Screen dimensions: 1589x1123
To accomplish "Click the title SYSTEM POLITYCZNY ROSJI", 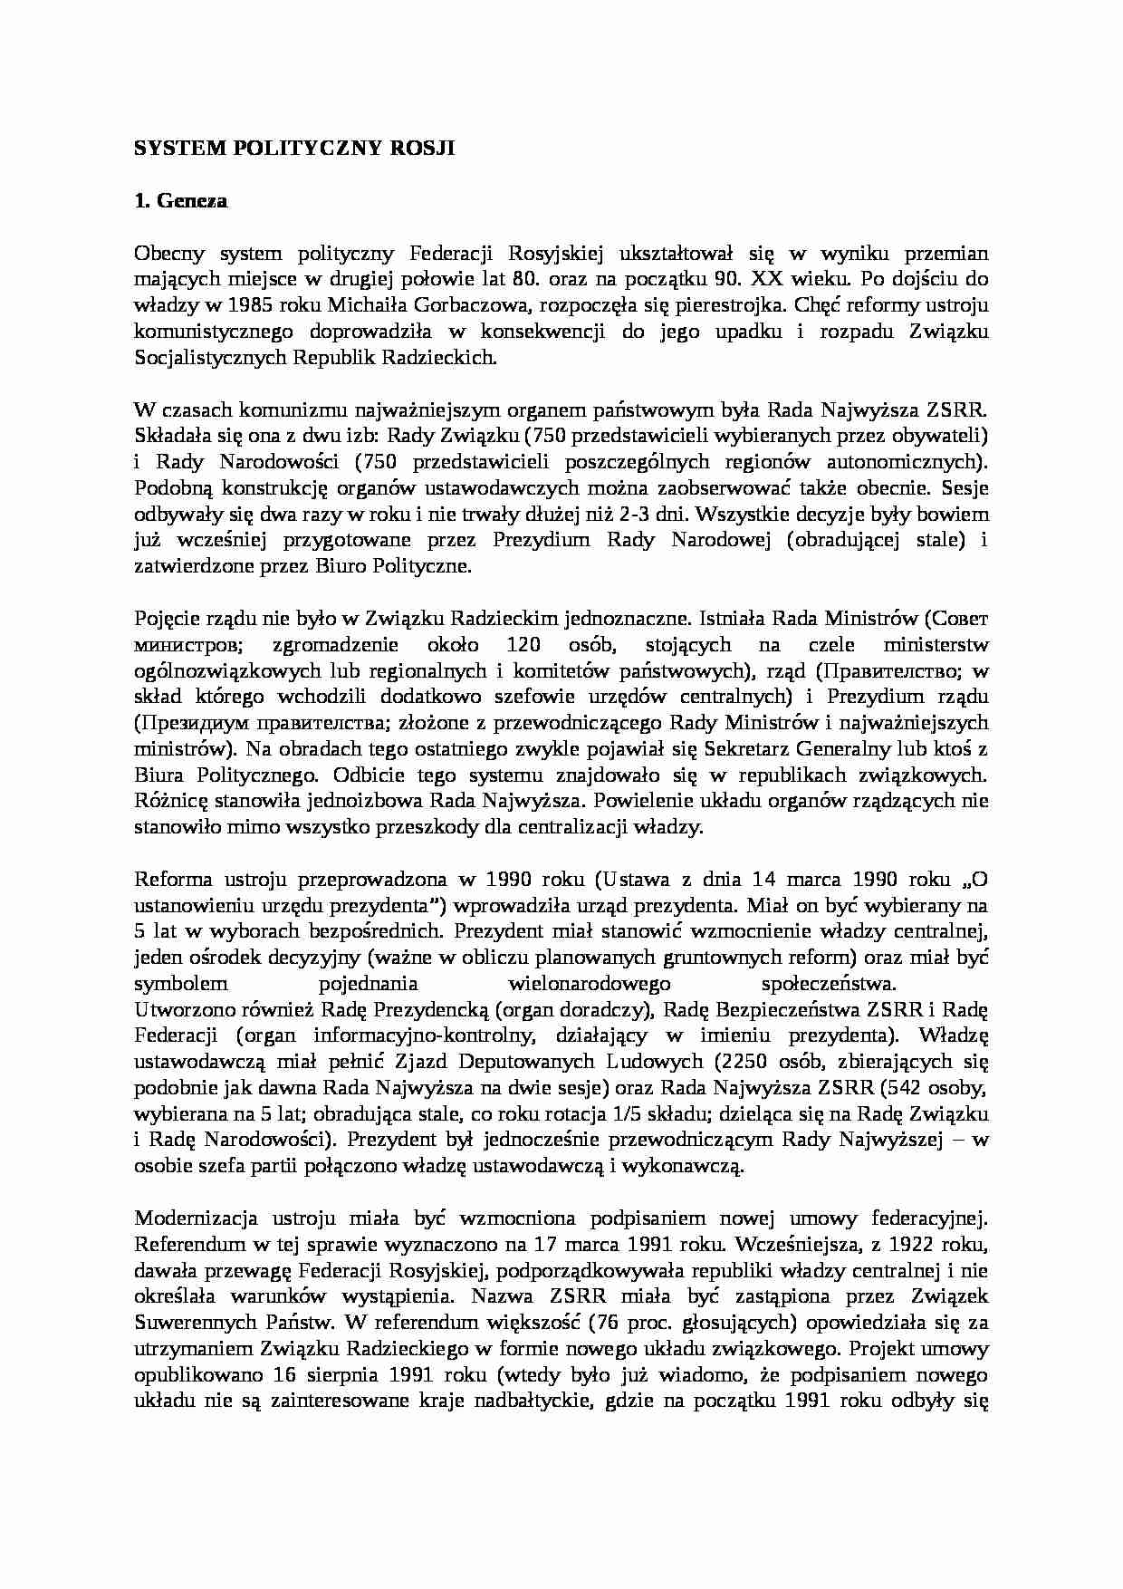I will [x=294, y=149].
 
